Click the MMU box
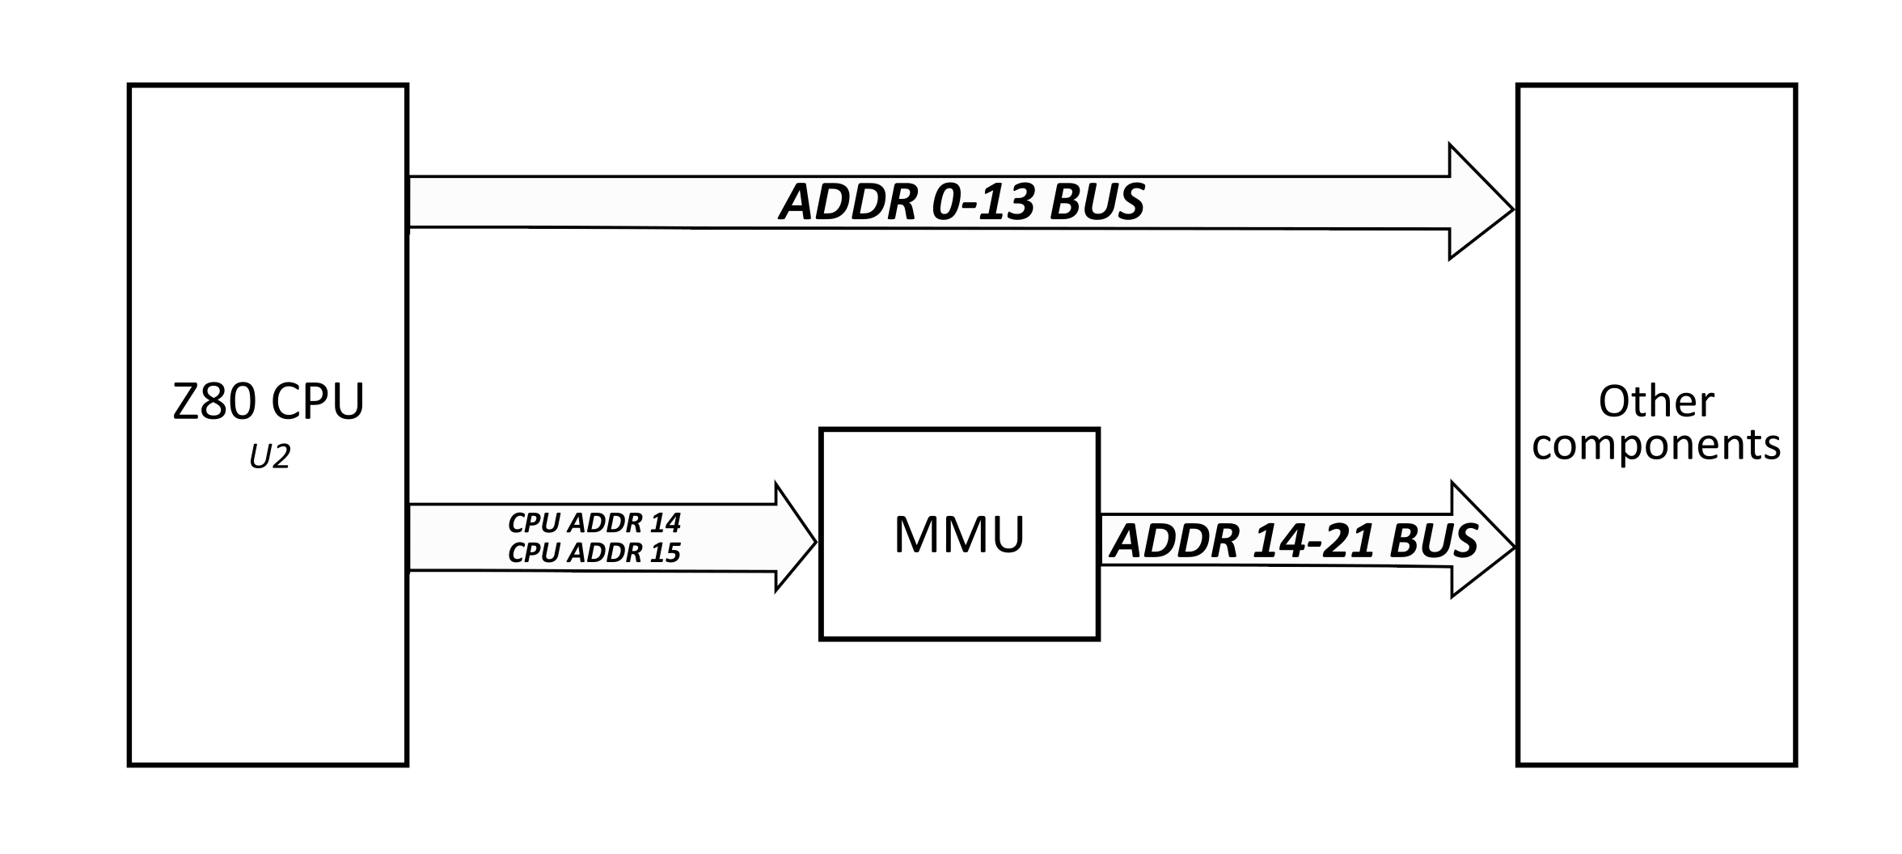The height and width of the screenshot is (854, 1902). tap(959, 535)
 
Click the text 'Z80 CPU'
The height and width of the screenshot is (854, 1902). tap(268, 402)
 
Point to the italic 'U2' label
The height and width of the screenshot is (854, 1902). tap(269, 459)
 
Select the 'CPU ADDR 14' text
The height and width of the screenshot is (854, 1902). tap(594, 523)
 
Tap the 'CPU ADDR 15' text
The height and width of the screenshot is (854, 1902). tap(594, 552)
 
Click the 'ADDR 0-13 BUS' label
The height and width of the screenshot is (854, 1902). tap(962, 201)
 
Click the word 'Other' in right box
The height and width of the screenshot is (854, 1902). tap(1655, 402)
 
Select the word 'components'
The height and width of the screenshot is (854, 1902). tap(1655, 445)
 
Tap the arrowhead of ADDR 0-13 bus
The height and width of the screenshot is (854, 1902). tap(1480, 202)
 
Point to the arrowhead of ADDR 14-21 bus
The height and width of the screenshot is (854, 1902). tap(1482, 540)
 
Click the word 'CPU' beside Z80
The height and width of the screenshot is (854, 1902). tap(318, 402)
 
